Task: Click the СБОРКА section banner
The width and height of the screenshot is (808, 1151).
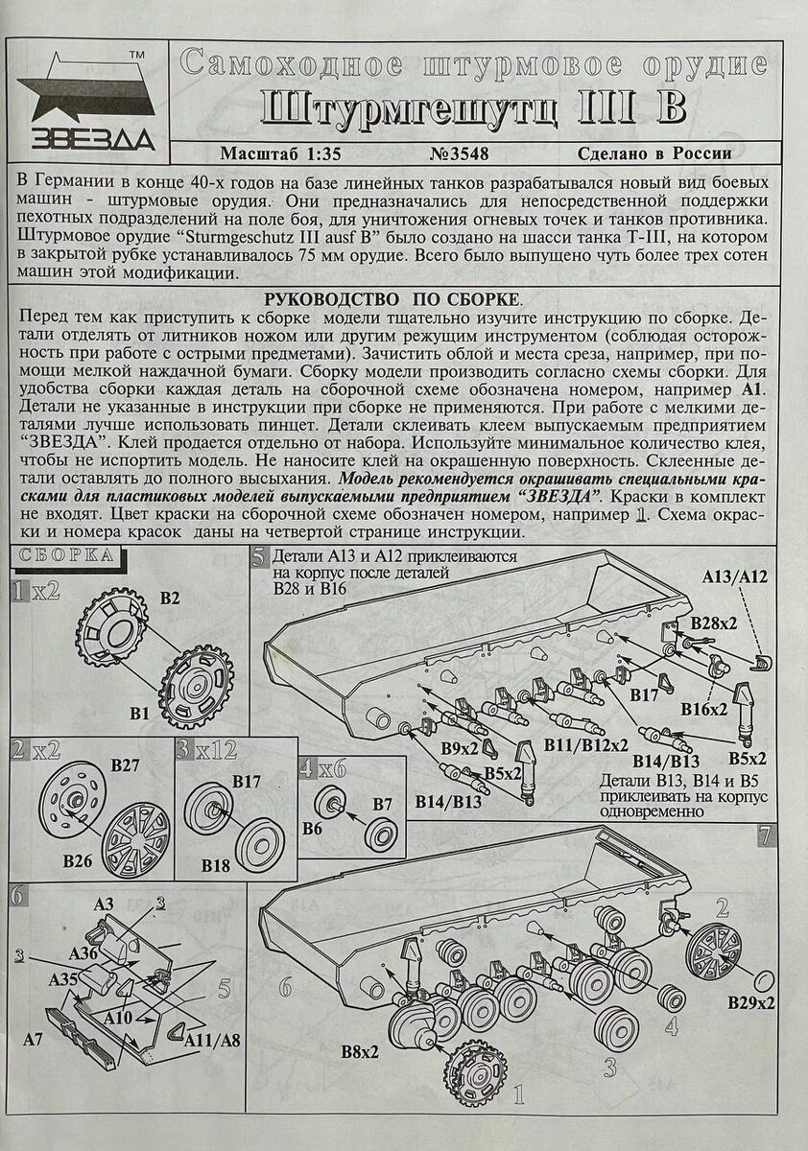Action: coord(66,555)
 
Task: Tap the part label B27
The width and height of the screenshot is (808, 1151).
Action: coord(126,765)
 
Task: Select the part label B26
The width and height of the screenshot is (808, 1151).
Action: coord(78,860)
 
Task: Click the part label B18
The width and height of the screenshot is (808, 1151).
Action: coord(216,865)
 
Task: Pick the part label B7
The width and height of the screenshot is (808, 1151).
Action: coord(383,802)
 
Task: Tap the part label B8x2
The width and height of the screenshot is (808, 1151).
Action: coord(360,1051)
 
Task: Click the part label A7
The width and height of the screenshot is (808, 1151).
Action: coord(33,1039)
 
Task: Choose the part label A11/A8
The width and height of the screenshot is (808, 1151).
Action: coord(210,1040)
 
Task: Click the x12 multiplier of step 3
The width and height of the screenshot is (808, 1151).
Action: coord(214,751)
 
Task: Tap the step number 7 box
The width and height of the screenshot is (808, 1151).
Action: coord(764,834)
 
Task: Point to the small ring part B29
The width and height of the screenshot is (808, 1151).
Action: coord(764,979)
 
